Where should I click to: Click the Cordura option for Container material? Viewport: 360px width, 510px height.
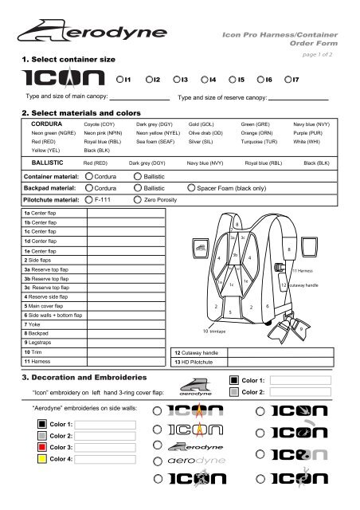pos(88,175)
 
